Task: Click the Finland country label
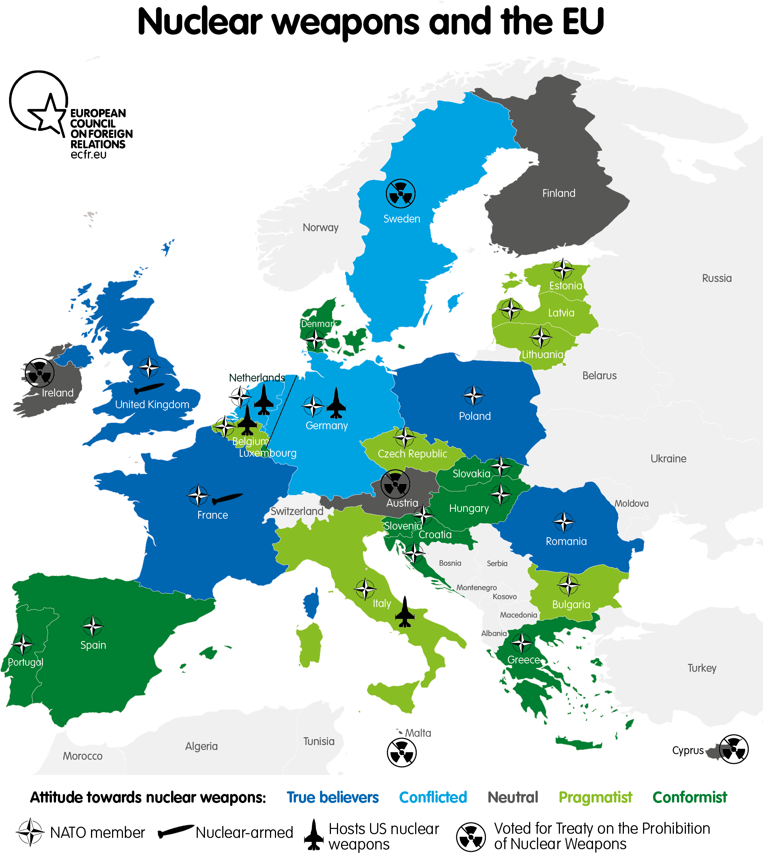[x=558, y=193]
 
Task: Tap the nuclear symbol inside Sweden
[x=400, y=194]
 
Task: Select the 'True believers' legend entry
[x=332, y=797]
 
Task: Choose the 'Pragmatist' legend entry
[x=595, y=797]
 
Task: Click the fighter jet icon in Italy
[x=405, y=616]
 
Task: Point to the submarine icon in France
[x=227, y=498]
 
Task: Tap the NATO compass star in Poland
[x=473, y=395]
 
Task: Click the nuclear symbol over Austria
[x=395, y=485]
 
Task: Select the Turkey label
[x=702, y=668]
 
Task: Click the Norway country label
[x=320, y=227]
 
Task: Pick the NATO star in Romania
[x=563, y=522]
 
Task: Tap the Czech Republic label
[x=412, y=453]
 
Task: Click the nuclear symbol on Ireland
[x=39, y=373]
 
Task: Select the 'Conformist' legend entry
[x=690, y=797]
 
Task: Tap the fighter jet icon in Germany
[x=336, y=404]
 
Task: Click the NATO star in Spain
[x=92, y=627]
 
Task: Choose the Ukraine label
[x=668, y=459]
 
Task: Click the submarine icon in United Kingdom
[x=149, y=389]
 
